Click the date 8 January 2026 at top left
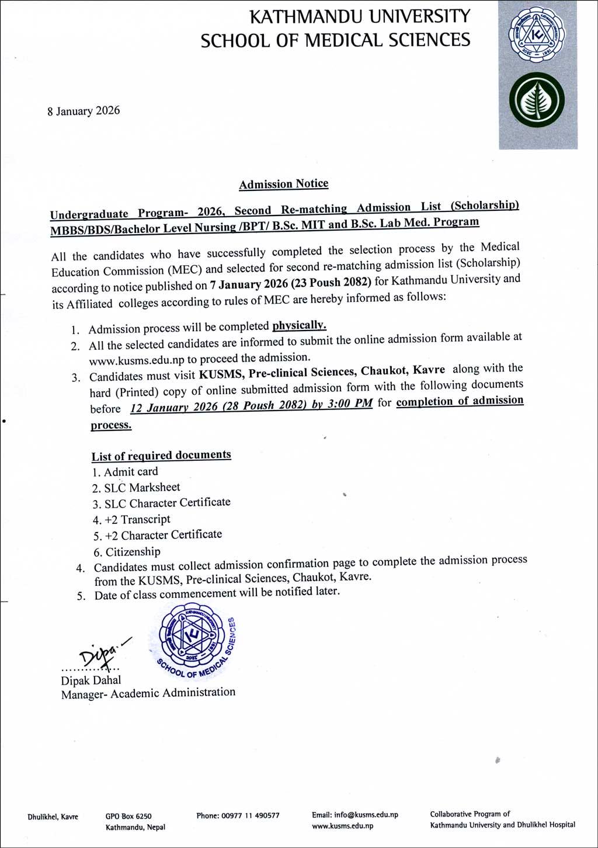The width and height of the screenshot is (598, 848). (x=84, y=111)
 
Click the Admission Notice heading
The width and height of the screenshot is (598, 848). (x=283, y=184)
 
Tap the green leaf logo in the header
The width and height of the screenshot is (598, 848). (x=537, y=100)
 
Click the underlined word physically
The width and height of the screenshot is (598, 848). (x=299, y=325)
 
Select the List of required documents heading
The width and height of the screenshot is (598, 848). (x=161, y=456)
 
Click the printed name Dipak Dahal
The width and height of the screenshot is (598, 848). (x=91, y=680)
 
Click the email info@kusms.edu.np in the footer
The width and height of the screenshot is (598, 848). (x=366, y=815)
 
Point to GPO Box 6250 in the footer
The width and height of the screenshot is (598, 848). (x=128, y=816)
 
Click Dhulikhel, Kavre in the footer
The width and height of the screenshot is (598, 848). (x=53, y=817)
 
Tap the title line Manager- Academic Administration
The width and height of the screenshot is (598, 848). (x=148, y=693)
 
